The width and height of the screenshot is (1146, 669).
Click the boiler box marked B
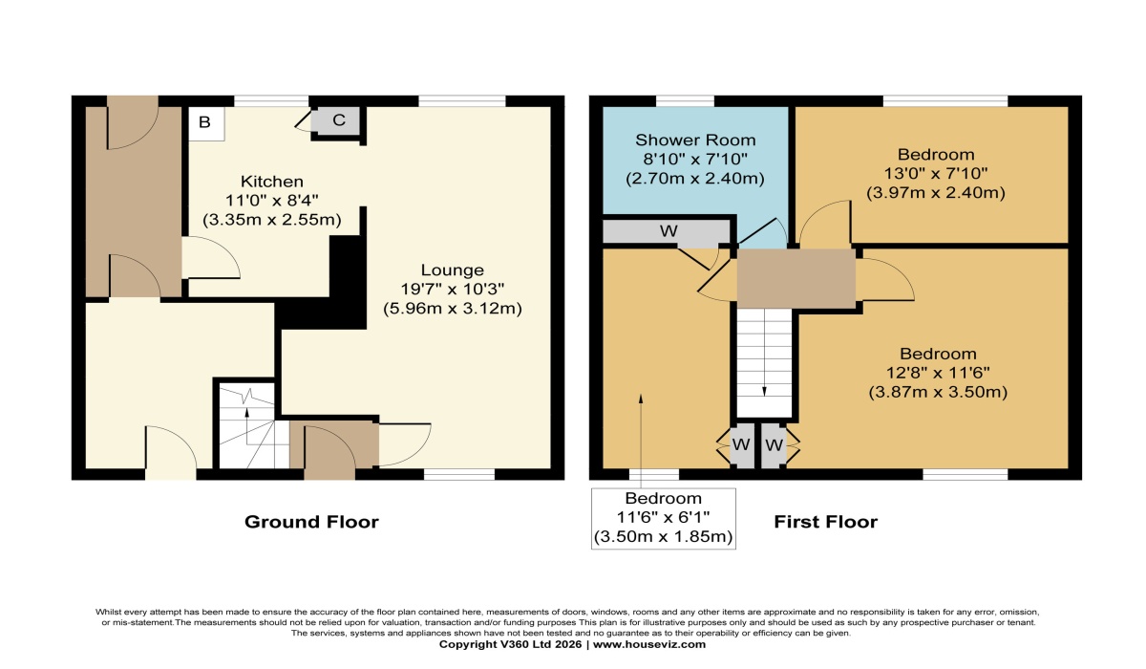[204, 122]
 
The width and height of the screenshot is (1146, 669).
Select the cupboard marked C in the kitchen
[337, 121]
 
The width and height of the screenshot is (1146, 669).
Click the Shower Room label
[683, 140]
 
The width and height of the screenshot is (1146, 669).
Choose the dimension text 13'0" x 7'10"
[935, 173]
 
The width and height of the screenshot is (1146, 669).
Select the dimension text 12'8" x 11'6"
[937, 373]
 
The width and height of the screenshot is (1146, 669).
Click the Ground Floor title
[311, 522]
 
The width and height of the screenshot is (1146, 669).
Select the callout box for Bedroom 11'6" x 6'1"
[663, 518]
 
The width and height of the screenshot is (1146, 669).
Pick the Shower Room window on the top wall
[685, 100]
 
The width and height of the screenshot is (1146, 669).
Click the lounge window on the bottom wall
[458, 474]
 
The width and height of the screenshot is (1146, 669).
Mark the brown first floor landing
[796, 278]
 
